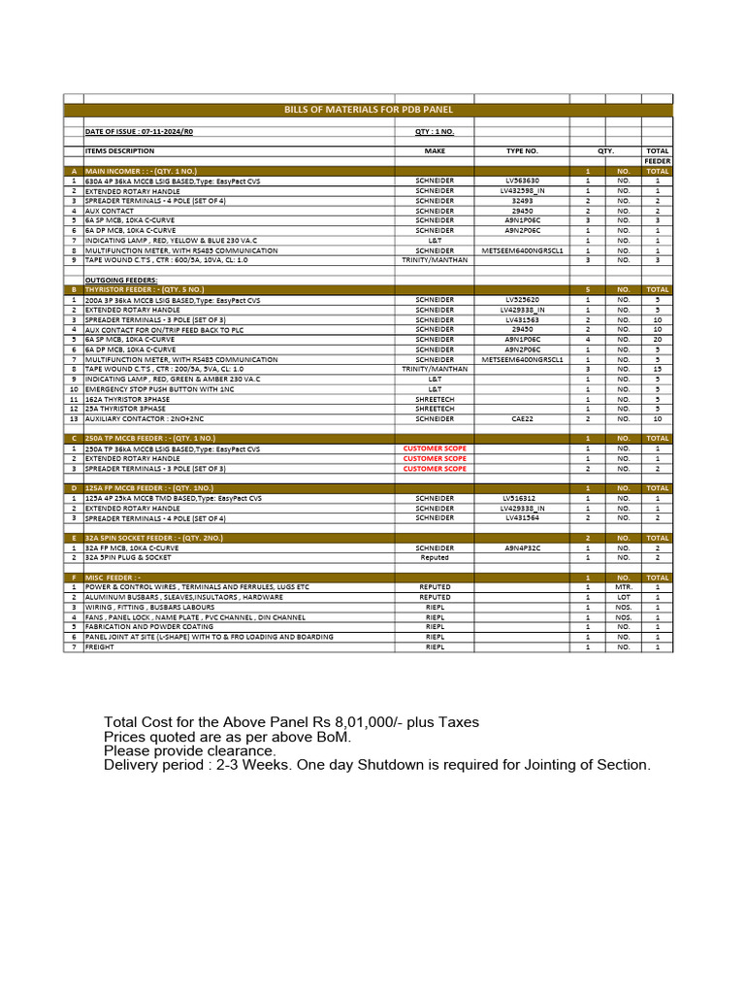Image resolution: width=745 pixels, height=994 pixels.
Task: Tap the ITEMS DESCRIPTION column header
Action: tap(119, 150)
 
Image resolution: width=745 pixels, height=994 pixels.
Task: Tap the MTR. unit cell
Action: tap(623, 587)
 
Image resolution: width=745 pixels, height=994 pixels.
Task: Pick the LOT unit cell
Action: tap(623, 597)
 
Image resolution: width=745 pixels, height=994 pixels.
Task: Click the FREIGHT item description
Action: tap(100, 646)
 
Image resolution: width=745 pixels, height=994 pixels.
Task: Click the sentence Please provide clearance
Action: tap(190, 750)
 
